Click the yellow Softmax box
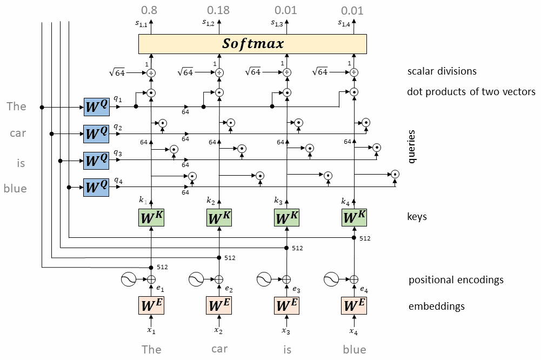[253, 44]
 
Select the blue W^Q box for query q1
[97, 108]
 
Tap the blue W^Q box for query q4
[97, 188]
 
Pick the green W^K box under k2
[219, 218]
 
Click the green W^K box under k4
[355, 218]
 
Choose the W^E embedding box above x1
[152, 305]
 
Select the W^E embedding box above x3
[287, 305]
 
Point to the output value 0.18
[219, 10]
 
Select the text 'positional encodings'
[456, 280]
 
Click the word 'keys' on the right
[417, 217]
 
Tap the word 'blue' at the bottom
[354, 349]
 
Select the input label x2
[218, 330]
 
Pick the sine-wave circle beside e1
[129, 279]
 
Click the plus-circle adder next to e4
[353, 279]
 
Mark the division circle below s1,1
[151, 72]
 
